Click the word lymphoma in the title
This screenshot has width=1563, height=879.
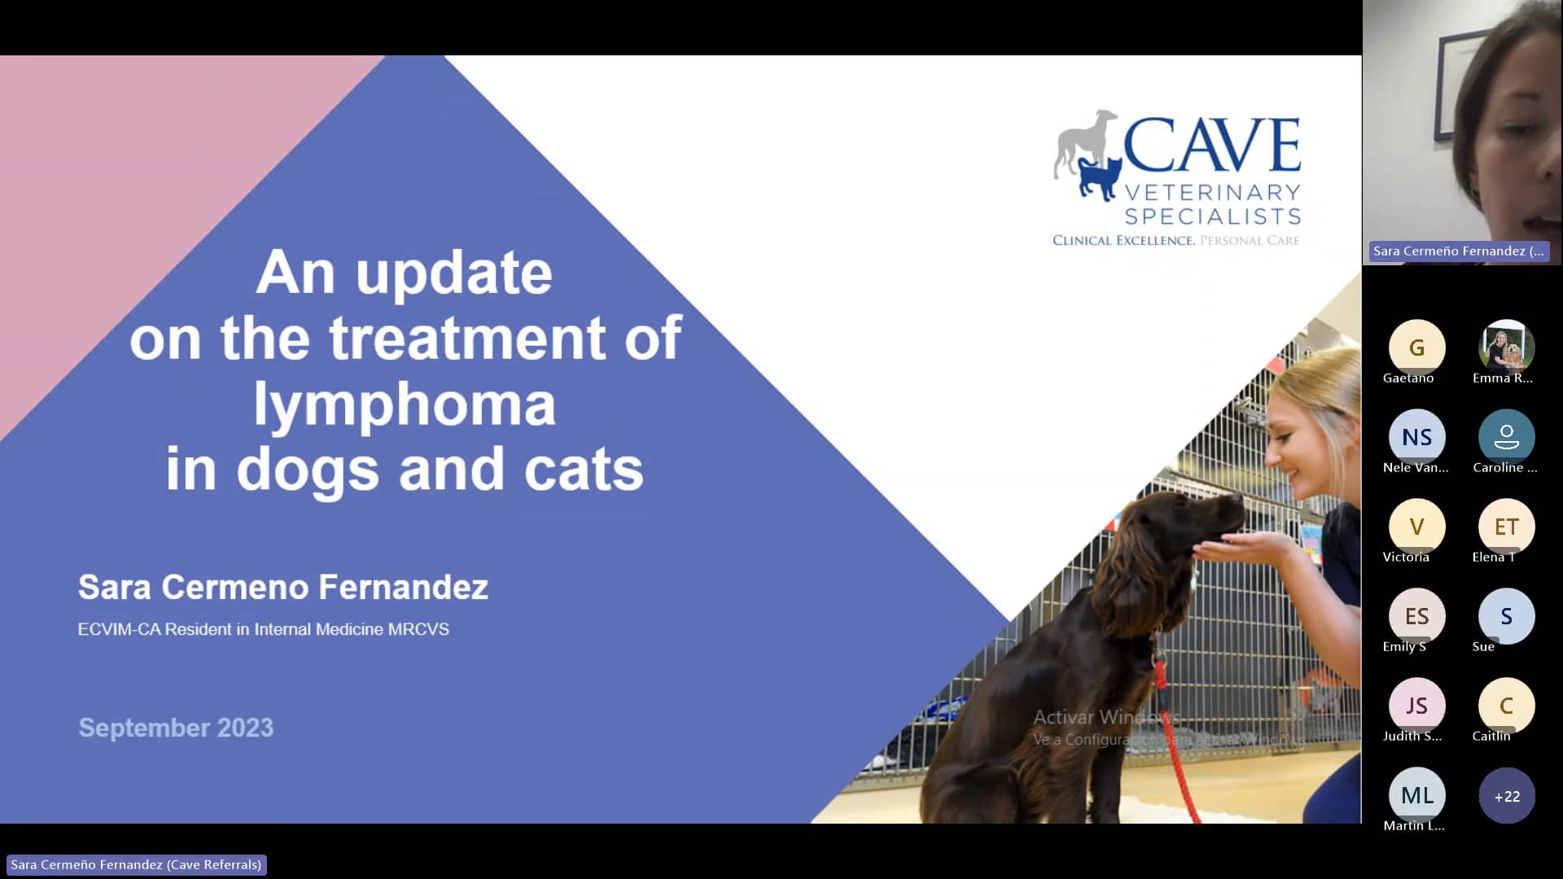click(405, 404)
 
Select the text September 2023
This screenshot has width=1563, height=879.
click(176, 728)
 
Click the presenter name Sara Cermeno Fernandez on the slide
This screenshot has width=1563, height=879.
click(282, 587)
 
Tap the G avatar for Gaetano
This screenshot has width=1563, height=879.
click(1416, 348)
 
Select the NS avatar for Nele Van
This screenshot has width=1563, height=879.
click(1416, 437)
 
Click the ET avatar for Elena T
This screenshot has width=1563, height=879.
click(1506, 527)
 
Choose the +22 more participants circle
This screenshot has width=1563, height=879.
click(1506, 796)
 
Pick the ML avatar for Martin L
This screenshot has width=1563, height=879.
click(1416, 795)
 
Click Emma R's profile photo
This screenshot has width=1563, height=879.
click(1506, 348)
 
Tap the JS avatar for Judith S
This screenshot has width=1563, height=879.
click(1416, 706)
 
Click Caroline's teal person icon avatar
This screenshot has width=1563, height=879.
click(1506, 437)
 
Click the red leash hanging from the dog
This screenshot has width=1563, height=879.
click(1176, 757)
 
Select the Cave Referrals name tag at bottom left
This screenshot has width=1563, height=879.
click(136, 864)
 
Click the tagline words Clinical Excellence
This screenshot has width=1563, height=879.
click(1123, 240)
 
